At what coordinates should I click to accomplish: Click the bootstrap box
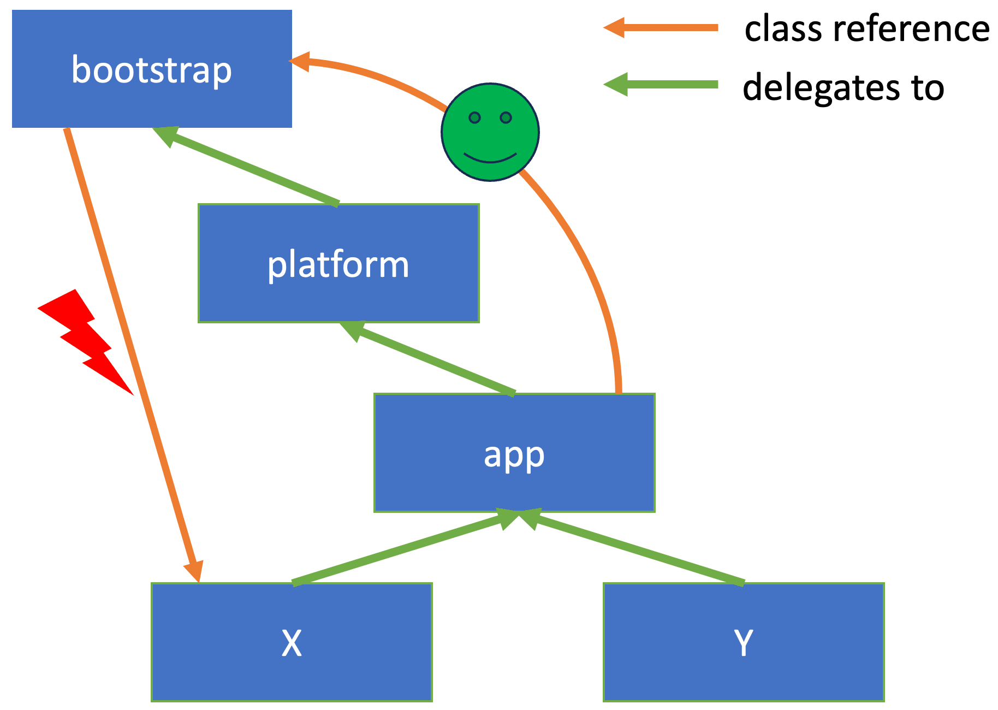point(152,69)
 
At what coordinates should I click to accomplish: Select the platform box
point(338,264)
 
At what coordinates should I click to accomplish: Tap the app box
point(514,453)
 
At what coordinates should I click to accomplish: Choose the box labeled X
point(292,642)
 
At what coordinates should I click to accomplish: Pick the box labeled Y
point(743,642)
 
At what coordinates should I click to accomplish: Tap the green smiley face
point(490,132)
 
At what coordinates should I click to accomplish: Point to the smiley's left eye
point(474,117)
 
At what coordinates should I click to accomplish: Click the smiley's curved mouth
point(490,159)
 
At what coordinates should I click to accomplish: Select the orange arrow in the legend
point(661,28)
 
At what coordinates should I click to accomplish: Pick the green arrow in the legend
point(661,84)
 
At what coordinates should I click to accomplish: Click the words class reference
point(866,29)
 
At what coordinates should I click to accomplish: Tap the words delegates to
point(843,87)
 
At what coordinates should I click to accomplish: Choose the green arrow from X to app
point(404,548)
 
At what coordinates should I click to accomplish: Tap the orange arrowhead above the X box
point(194,571)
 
